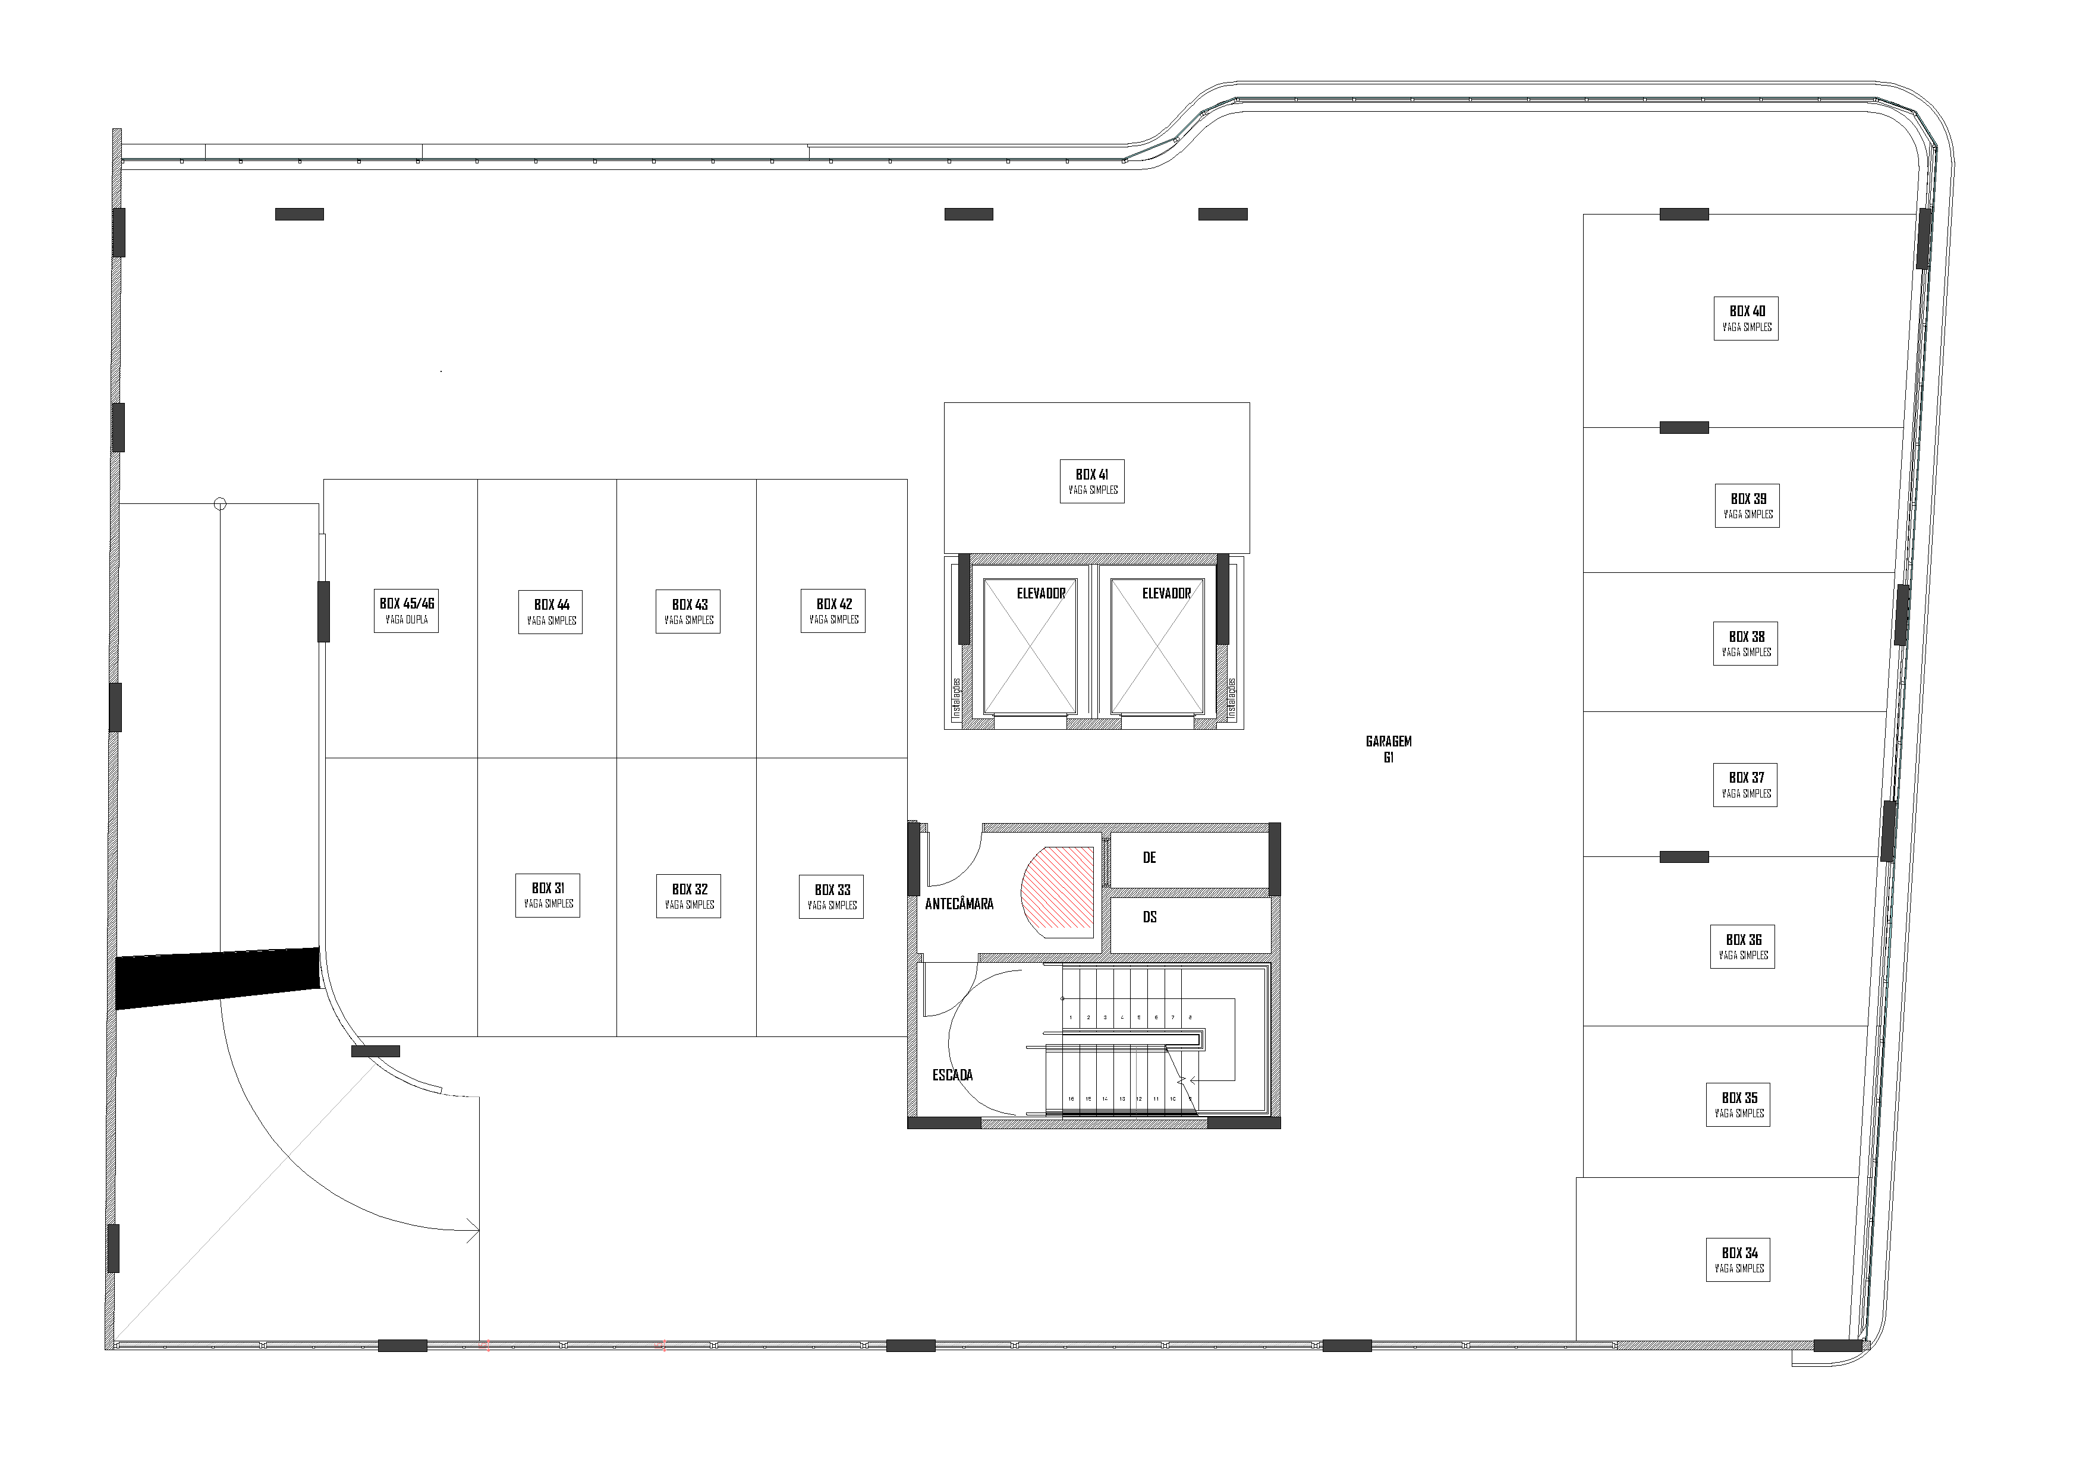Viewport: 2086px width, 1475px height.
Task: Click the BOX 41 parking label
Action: pyautogui.click(x=1091, y=481)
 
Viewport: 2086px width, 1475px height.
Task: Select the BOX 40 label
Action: pyautogui.click(x=1745, y=319)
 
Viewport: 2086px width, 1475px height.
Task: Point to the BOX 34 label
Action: pyautogui.click(x=1738, y=1260)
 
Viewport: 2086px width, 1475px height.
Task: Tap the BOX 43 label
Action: pyautogui.click(x=688, y=612)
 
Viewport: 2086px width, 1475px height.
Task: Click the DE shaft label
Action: pyautogui.click(x=1149, y=858)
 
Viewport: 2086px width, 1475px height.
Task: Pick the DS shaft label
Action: pyautogui.click(x=1149, y=918)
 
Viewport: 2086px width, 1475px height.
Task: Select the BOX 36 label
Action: pyautogui.click(x=1742, y=947)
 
